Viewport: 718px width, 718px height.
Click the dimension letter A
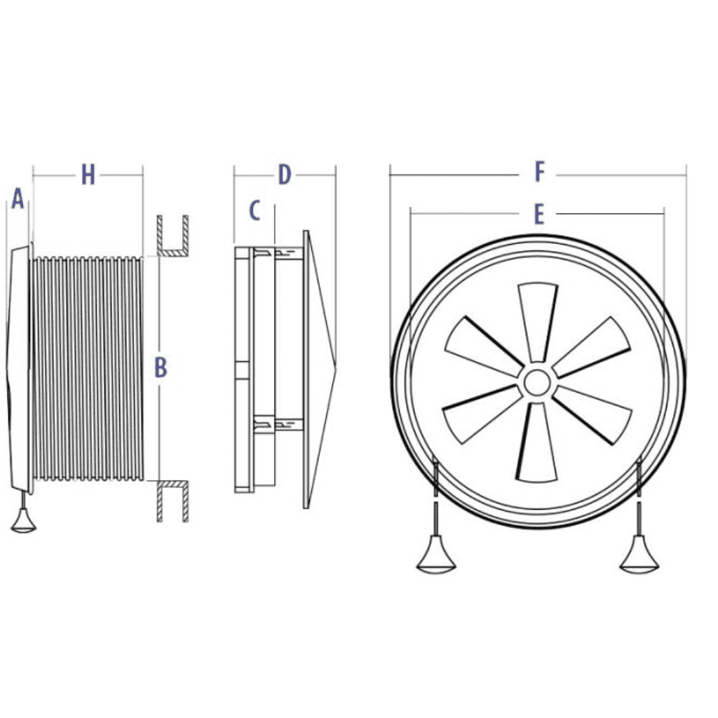18,200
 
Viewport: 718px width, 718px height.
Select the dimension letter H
88,175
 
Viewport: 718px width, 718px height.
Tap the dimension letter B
161,367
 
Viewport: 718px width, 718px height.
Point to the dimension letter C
255,210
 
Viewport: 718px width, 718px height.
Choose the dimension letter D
284,175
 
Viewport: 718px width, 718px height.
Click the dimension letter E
538,215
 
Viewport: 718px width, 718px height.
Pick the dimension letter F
539,172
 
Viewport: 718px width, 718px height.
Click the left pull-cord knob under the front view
436,557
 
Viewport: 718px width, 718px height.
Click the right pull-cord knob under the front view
639,557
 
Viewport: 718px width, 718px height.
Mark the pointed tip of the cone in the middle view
335,365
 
